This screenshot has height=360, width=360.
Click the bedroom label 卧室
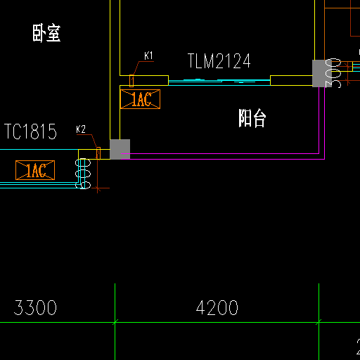coord(46,33)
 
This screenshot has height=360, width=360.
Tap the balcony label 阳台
coord(252,118)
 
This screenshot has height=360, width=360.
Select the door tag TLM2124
coord(219,61)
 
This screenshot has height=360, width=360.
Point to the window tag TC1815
coord(30,131)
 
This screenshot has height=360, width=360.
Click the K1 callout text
coord(148,56)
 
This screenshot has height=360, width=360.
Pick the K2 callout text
coord(81,129)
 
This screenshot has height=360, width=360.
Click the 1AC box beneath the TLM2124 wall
coord(140,99)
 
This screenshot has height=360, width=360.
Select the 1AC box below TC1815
coord(35,170)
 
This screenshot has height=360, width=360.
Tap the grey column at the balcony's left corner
coord(120,149)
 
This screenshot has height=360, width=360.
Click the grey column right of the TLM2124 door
coord(322,73)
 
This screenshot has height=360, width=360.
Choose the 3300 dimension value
coord(35,307)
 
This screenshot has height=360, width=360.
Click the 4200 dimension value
coord(217,307)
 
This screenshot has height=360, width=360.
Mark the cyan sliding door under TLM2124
coord(219,82)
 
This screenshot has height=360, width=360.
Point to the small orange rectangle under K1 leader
coord(131,81)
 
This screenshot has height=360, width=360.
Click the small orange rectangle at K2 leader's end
coord(98,153)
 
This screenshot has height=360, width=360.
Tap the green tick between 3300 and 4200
coord(115,322)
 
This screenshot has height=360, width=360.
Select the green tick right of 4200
coord(319,322)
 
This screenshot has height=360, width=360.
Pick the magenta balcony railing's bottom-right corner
coord(325,159)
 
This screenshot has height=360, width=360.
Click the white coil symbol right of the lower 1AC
coord(83,174)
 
